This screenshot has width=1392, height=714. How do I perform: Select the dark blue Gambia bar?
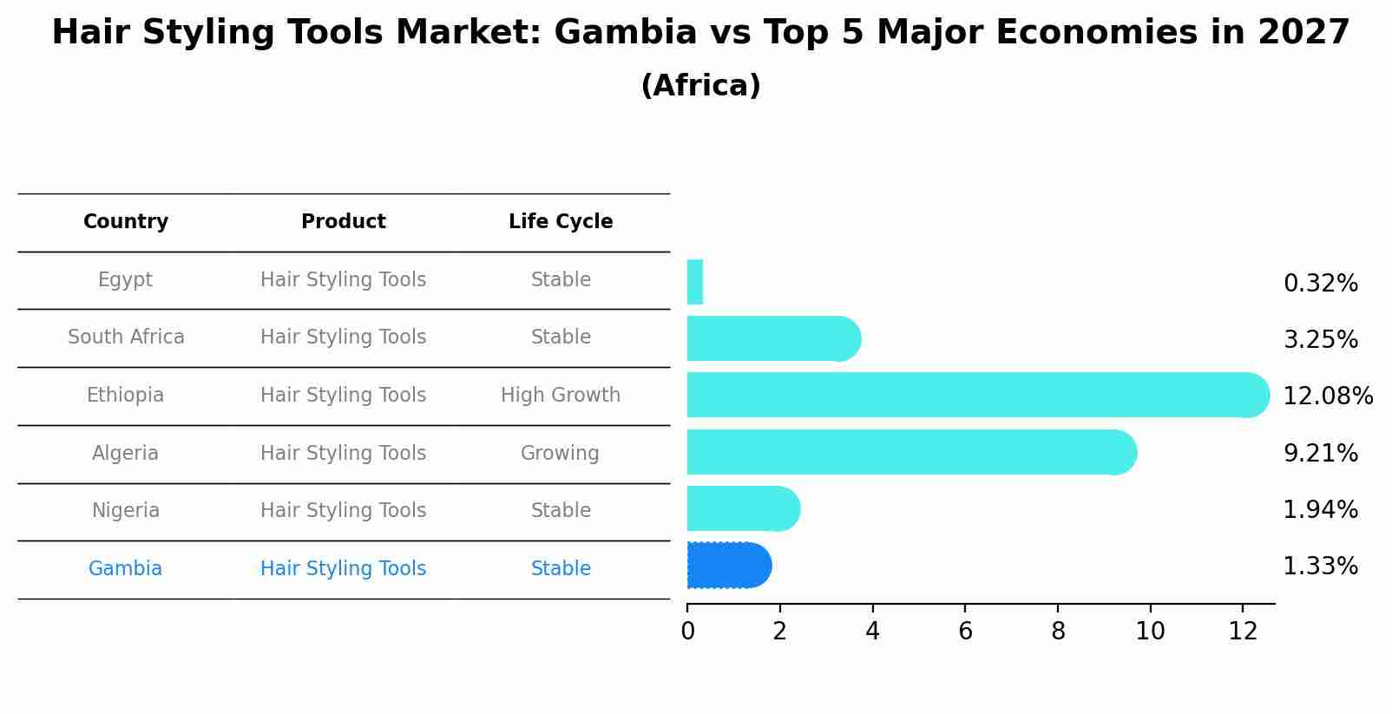tap(728, 566)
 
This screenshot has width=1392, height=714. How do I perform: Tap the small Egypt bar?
tap(695, 282)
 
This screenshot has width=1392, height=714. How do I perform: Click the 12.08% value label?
tap(1327, 396)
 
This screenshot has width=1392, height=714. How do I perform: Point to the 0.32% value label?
tap(1320, 284)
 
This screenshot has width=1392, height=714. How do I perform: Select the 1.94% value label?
tap(1320, 510)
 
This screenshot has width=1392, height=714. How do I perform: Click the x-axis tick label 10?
tap(1150, 632)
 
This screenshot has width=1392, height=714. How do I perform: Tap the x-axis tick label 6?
tap(965, 632)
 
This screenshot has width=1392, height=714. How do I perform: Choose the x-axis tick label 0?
tap(687, 632)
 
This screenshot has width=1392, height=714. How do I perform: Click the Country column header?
tap(126, 222)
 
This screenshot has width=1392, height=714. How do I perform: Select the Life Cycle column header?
tap(561, 222)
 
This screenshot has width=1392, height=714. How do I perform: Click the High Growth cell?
tap(561, 396)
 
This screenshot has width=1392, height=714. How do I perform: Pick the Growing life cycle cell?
tap(560, 453)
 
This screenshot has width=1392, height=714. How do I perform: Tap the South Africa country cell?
tap(126, 337)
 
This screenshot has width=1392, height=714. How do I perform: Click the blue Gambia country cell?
tap(125, 569)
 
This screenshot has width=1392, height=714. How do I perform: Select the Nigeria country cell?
tap(126, 511)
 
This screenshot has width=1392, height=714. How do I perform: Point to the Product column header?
tap(344, 222)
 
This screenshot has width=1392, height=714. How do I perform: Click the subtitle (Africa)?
tap(700, 86)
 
